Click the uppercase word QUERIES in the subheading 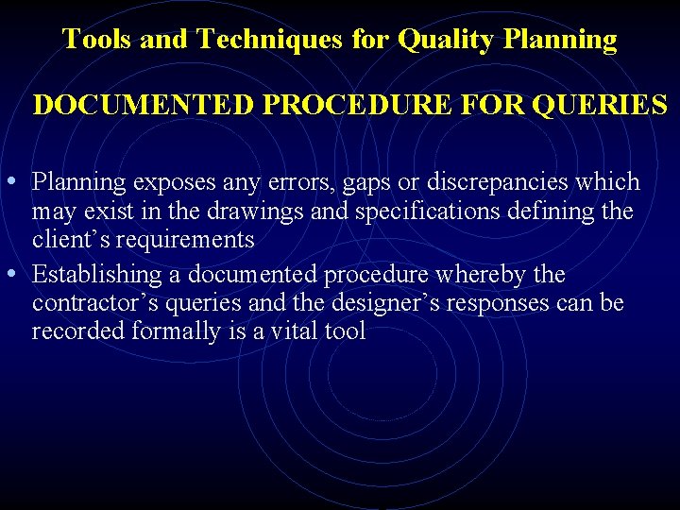click(x=600, y=104)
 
